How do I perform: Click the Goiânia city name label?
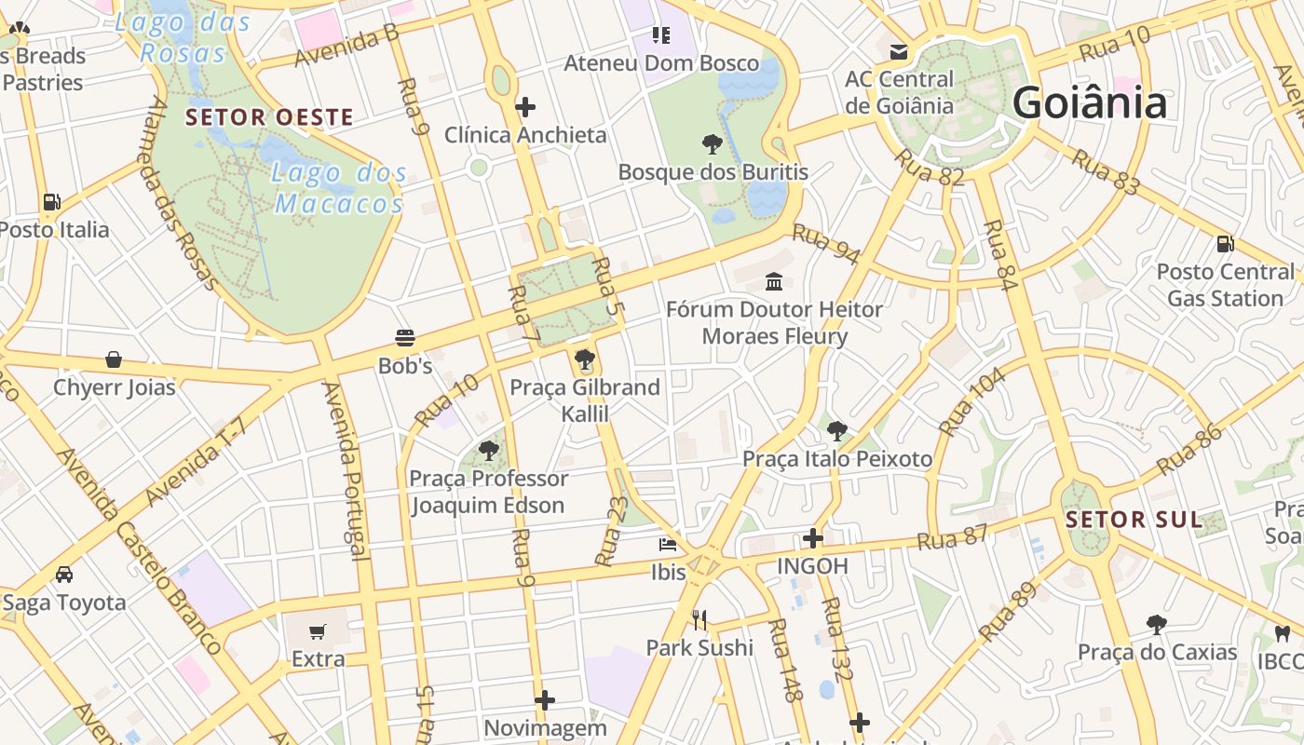pyautogui.click(x=1089, y=102)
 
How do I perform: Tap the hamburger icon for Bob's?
pyautogui.click(x=405, y=338)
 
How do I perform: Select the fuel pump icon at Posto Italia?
pyautogui.click(x=52, y=201)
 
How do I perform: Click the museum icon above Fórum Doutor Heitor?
pyautogui.click(x=774, y=281)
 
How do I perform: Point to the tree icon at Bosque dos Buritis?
pyautogui.click(x=713, y=144)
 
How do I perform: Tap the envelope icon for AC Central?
pyautogui.click(x=899, y=51)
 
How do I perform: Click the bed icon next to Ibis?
pyautogui.click(x=668, y=544)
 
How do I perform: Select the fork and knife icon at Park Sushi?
pyautogui.click(x=700, y=619)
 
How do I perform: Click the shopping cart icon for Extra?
pyautogui.click(x=318, y=632)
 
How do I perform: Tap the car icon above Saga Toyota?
pyautogui.click(x=64, y=575)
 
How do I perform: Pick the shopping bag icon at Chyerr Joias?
pyautogui.click(x=114, y=359)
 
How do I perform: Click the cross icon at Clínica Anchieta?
pyautogui.click(x=525, y=107)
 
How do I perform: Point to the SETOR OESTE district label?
pyautogui.click(x=269, y=117)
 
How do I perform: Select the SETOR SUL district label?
pyautogui.click(x=1134, y=520)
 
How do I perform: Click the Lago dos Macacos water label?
pyautogui.click(x=339, y=188)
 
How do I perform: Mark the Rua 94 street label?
pyautogui.click(x=825, y=244)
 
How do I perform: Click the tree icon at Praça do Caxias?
pyautogui.click(x=1157, y=624)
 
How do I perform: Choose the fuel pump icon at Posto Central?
pyautogui.click(x=1225, y=244)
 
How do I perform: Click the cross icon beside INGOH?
pyautogui.click(x=813, y=538)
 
